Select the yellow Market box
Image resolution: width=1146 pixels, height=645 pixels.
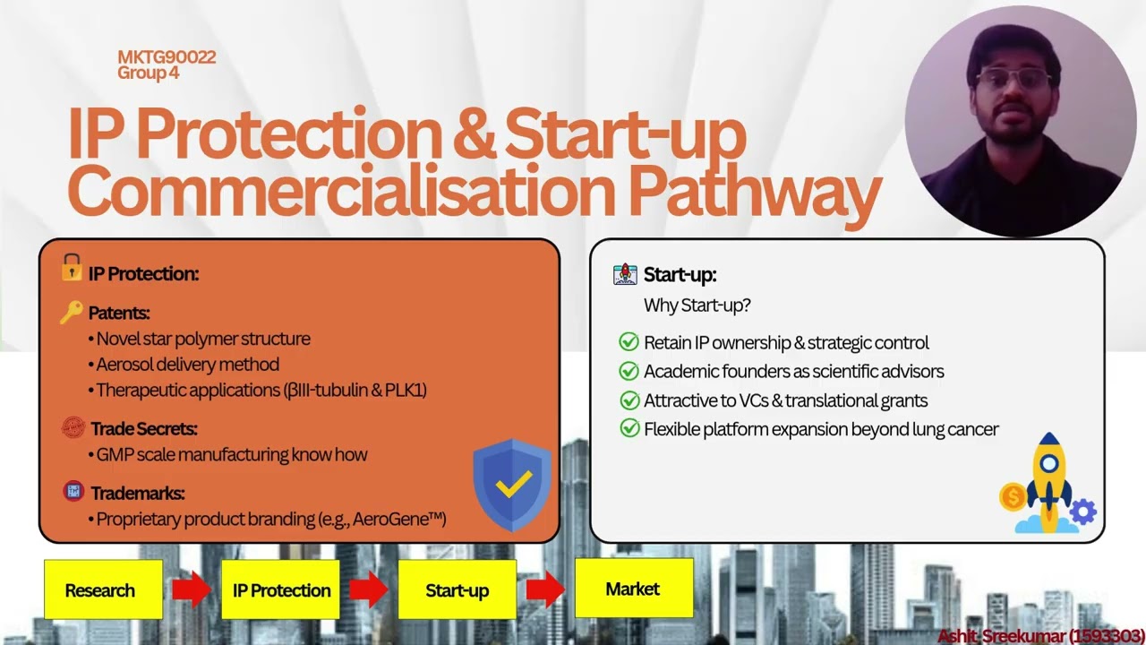pyautogui.click(x=634, y=588)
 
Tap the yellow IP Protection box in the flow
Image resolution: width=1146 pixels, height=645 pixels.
pyautogui.click(x=280, y=589)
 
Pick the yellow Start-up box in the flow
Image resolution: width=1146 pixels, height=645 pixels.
pyautogui.click(x=457, y=589)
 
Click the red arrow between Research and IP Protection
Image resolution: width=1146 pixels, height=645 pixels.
pyautogui.click(x=191, y=589)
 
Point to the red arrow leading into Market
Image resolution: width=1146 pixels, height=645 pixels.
pyautogui.click(x=545, y=589)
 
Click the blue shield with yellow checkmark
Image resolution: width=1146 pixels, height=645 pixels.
pyautogui.click(x=511, y=485)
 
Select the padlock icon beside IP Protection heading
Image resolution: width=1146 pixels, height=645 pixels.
pyautogui.click(x=72, y=268)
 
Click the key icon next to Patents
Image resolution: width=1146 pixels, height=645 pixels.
pyautogui.click(x=72, y=312)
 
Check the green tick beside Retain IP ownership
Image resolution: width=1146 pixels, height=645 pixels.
pyautogui.click(x=629, y=342)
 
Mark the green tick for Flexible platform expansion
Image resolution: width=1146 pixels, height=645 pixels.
pyautogui.click(x=629, y=429)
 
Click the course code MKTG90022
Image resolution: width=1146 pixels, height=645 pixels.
pyautogui.click(x=167, y=57)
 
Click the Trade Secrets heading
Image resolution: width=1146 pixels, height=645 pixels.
pyautogui.click(x=143, y=429)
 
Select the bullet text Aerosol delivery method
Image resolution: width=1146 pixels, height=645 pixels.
pyautogui.click(x=188, y=365)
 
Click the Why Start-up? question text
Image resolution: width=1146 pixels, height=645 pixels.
pyautogui.click(x=697, y=305)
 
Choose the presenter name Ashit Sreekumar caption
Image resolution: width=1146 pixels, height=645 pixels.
pyautogui.click(x=1039, y=636)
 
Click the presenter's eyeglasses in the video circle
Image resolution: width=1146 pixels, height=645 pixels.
pyautogui.click(x=1014, y=79)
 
